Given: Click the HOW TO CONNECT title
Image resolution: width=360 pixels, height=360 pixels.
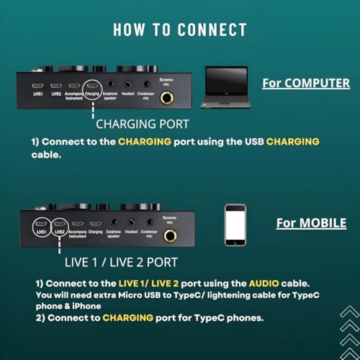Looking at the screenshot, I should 179,30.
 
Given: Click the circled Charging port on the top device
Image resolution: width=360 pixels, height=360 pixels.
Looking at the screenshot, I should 93,86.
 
